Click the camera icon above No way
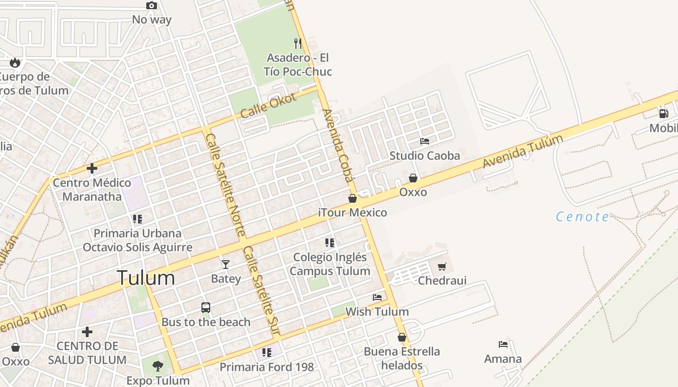(152, 6)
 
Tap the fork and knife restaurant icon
(298, 44)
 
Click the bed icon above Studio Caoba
(425, 141)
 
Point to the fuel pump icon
(663, 114)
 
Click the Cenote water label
(583, 217)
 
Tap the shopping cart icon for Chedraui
(442, 267)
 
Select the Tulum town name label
(146, 278)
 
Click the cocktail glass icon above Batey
(226, 264)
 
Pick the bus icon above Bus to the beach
(206, 308)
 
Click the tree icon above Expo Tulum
(158, 366)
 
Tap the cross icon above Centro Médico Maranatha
(92, 168)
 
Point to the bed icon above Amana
(503, 344)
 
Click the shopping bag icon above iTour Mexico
(353, 198)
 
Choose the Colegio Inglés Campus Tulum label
(330, 264)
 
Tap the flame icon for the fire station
(15, 62)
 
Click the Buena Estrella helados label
(401, 358)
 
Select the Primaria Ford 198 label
(267, 367)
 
